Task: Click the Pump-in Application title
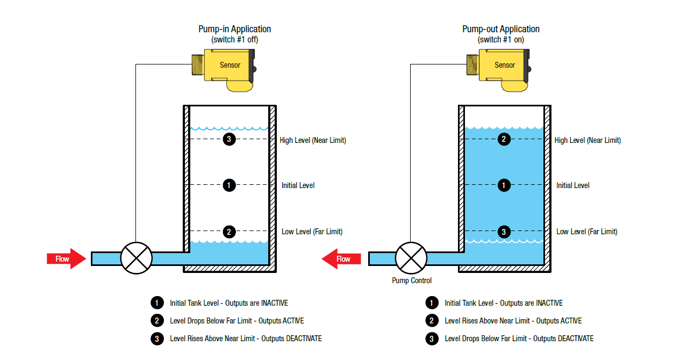(x=234, y=29)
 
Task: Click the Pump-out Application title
(x=501, y=29)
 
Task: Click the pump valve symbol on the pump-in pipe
(x=137, y=258)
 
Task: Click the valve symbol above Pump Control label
(x=411, y=258)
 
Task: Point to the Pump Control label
(x=411, y=280)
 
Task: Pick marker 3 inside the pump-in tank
(x=229, y=140)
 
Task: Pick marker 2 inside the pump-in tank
(x=229, y=232)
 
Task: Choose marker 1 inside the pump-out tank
(x=504, y=185)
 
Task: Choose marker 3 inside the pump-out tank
(x=504, y=232)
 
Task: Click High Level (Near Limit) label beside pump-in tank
(x=313, y=140)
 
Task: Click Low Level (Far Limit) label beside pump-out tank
(x=587, y=232)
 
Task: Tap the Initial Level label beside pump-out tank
(x=573, y=185)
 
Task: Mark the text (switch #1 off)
(x=234, y=40)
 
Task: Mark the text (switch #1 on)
(x=501, y=40)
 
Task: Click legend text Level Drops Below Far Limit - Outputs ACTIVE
(x=236, y=321)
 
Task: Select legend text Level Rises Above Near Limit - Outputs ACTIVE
(x=513, y=321)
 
